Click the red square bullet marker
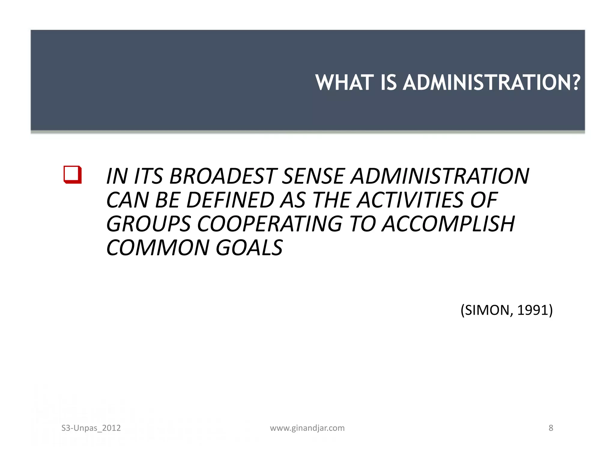pos(72,174)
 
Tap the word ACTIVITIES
pos(410,200)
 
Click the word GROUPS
pos(148,224)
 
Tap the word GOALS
pos(249,248)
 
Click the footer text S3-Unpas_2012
pos(91,428)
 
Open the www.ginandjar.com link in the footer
pos(307,428)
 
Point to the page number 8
pos(551,428)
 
